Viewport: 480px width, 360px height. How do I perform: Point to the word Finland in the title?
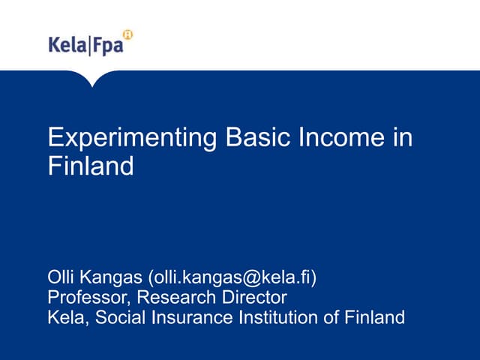point(91,166)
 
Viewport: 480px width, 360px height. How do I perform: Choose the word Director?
point(252,298)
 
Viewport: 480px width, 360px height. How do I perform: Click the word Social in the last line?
point(122,317)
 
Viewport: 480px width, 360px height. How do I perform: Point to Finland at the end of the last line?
point(374,317)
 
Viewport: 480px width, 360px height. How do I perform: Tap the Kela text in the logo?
point(67,46)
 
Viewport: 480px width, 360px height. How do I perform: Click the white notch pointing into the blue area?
point(91,78)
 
